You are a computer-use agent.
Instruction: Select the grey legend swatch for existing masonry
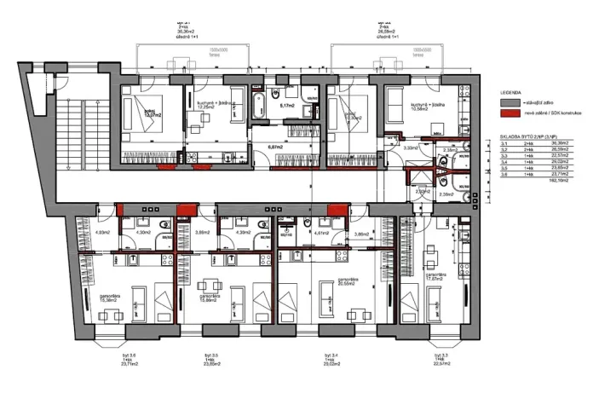[x=510, y=100]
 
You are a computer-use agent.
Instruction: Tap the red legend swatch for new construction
[x=510, y=113]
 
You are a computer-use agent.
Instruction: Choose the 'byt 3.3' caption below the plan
[x=440, y=357]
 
